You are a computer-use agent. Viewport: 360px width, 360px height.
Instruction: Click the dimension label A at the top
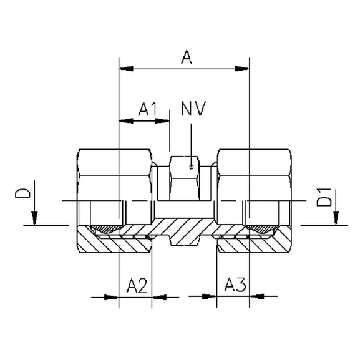tap(185, 58)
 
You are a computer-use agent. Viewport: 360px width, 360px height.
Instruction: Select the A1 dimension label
tap(147, 110)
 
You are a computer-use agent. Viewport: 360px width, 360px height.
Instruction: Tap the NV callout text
tap(192, 109)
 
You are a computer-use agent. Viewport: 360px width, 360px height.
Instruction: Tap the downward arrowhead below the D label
tap(35, 218)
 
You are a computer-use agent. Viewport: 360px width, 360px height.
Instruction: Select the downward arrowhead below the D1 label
tap(337, 218)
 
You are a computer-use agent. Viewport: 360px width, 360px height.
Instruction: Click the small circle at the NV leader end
tap(191, 167)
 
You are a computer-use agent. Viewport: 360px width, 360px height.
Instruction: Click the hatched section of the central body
tap(184, 236)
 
